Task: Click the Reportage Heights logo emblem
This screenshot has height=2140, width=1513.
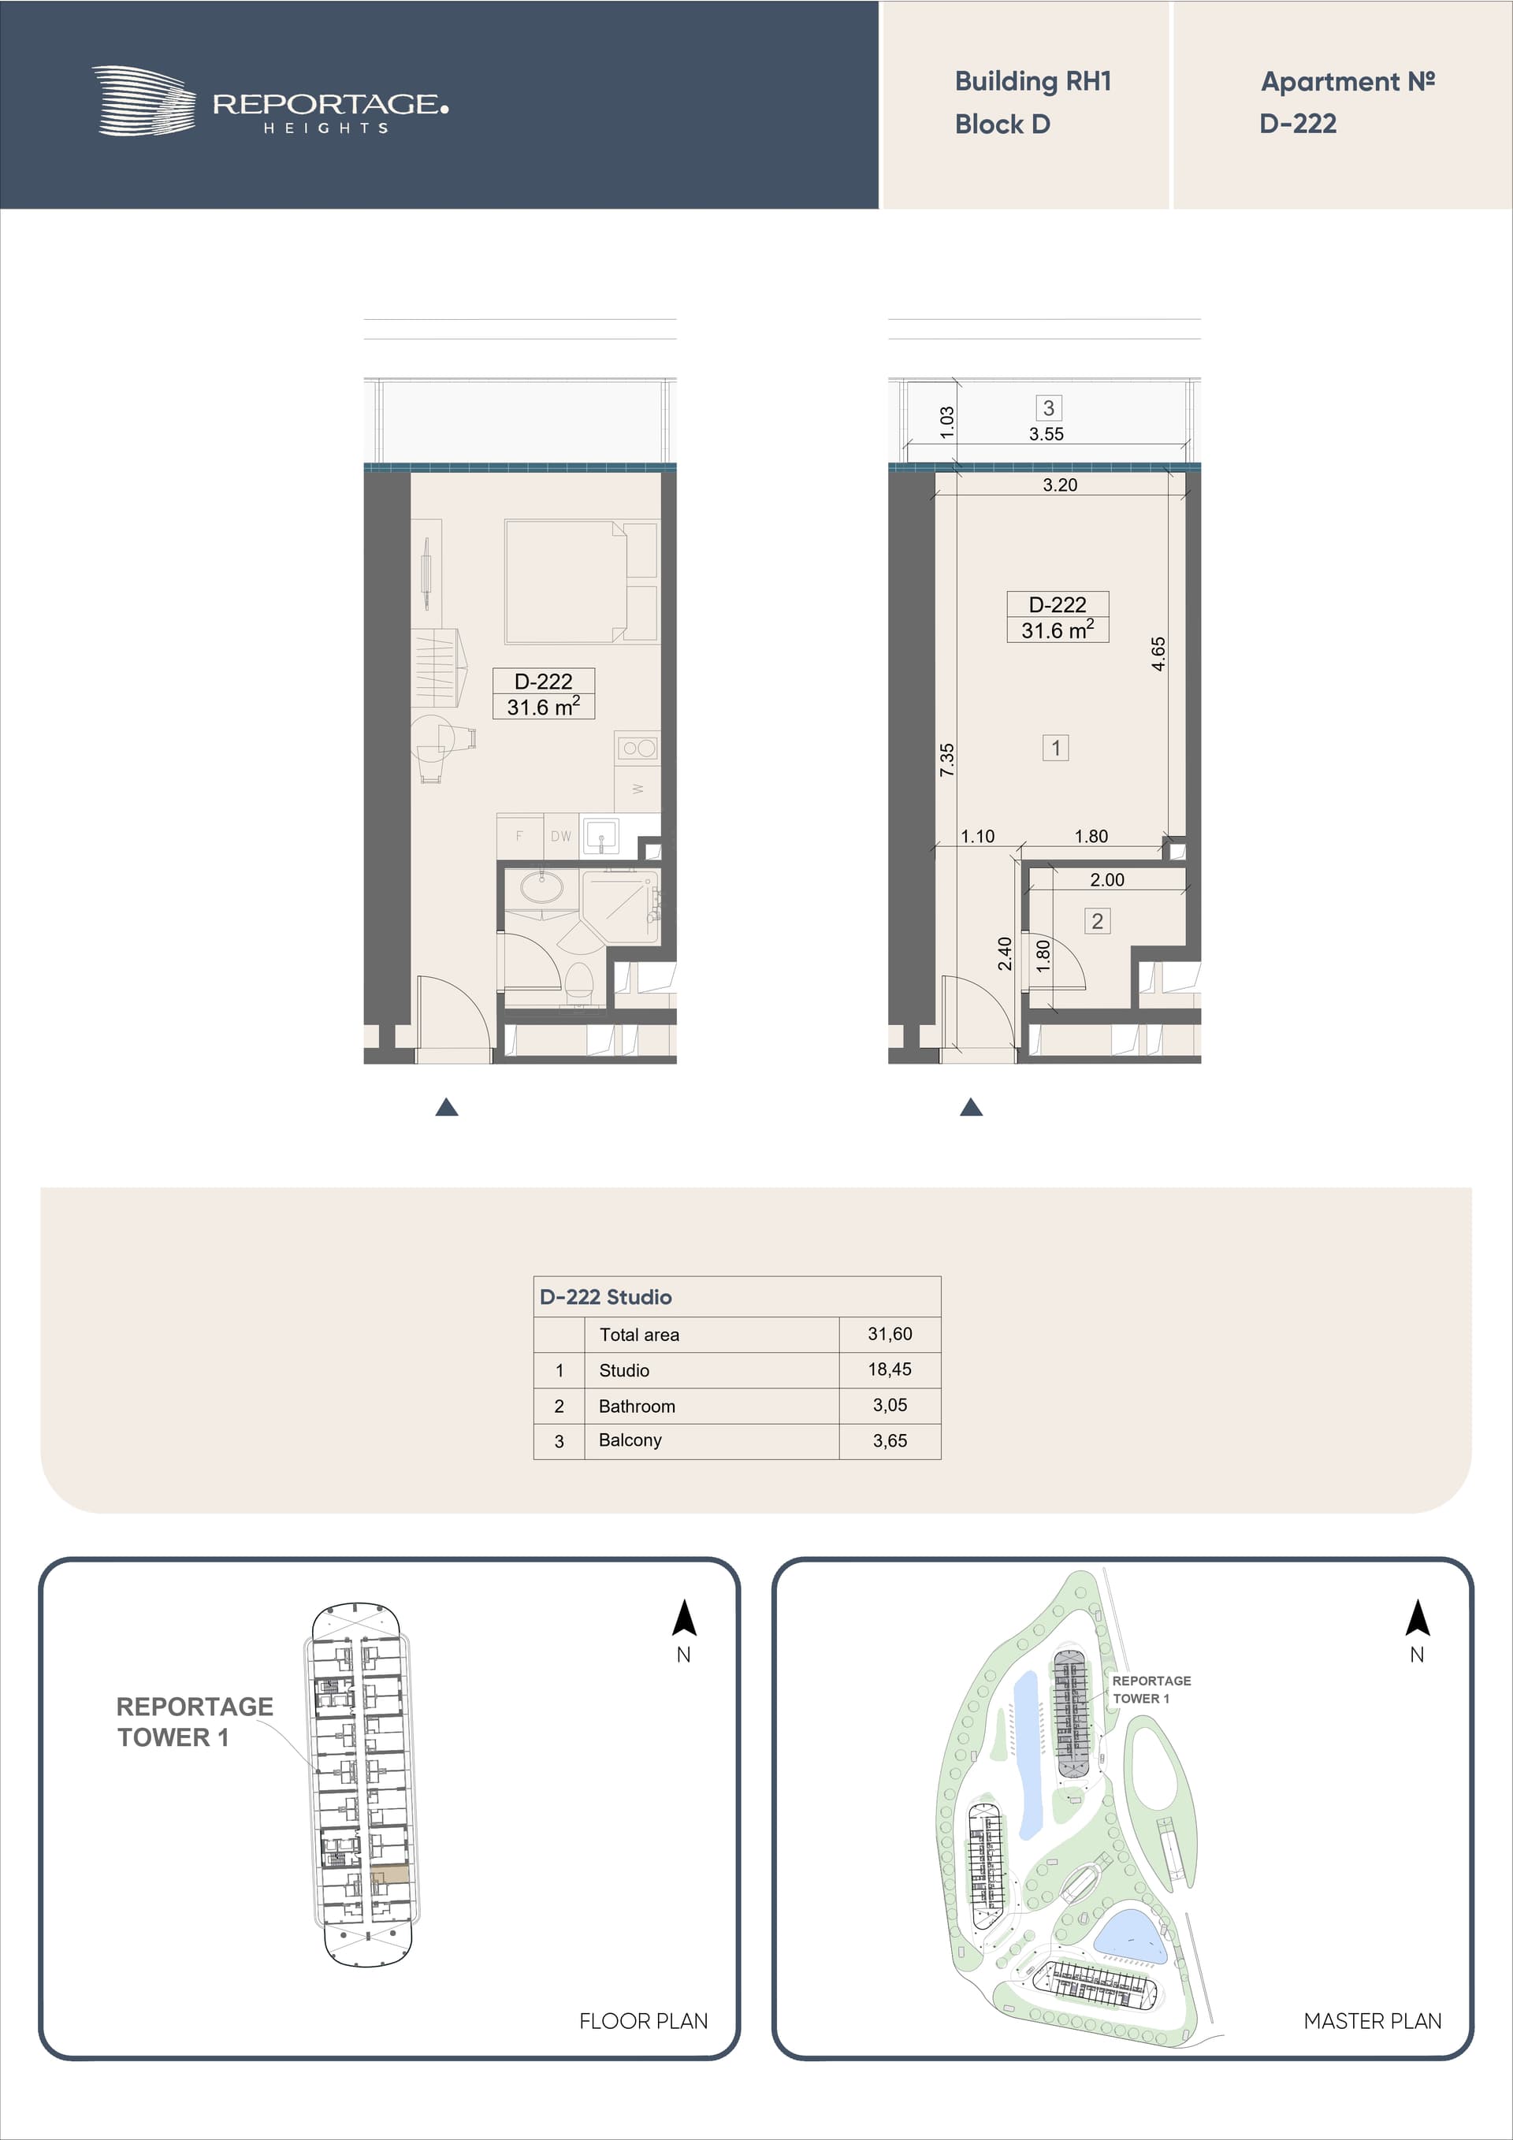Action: [x=144, y=101]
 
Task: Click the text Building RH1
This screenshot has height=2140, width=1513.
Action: [x=1033, y=82]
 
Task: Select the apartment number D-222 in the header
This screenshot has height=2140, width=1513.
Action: [x=1298, y=124]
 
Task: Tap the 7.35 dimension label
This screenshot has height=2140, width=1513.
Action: [x=947, y=760]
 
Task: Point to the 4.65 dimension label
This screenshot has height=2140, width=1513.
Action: [x=1158, y=653]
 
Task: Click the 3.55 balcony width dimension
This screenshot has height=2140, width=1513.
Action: [x=1046, y=434]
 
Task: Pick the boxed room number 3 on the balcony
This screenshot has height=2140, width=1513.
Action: [x=1049, y=408]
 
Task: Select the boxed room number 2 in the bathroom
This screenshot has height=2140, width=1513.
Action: [x=1097, y=921]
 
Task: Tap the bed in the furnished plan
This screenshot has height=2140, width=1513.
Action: [x=581, y=581]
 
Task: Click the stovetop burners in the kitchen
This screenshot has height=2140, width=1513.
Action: [x=638, y=748]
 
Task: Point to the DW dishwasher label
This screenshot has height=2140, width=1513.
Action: [x=560, y=836]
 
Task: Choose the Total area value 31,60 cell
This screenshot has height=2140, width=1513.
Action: [x=890, y=1334]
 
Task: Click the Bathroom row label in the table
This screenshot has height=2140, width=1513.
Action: [x=637, y=1406]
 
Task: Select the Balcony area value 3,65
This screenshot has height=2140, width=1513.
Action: [x=890, y=1441]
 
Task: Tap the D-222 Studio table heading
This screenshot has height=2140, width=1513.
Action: [x=605, y=1296]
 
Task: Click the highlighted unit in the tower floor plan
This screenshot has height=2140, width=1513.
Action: [x=389, y=1874]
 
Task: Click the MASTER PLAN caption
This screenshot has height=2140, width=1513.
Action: [x=1372, y=2021]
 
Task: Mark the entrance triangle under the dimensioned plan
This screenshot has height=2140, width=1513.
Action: [x=972, y=1106]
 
